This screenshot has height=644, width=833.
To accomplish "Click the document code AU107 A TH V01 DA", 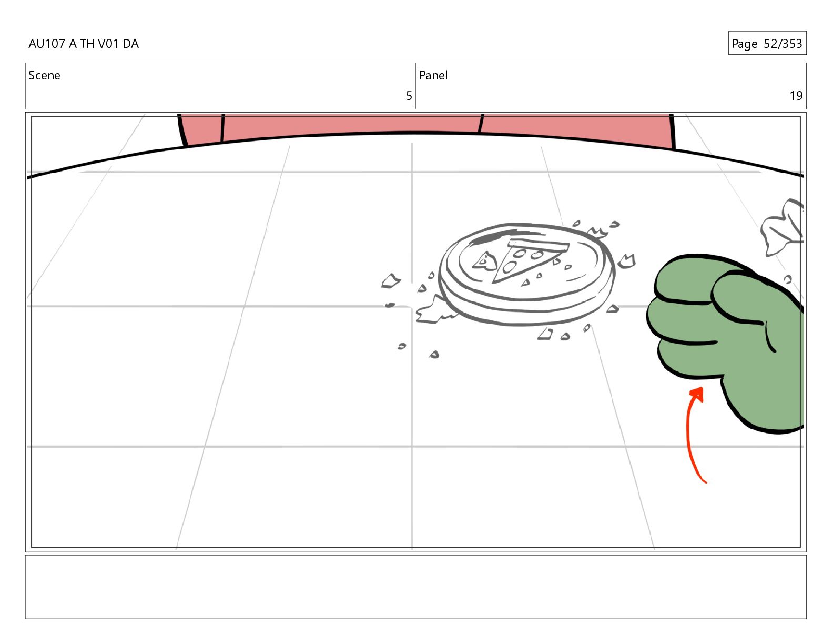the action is [84, 44].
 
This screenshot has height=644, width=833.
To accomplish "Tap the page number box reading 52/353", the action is [767, 43].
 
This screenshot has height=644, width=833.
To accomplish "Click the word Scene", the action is [44, 75].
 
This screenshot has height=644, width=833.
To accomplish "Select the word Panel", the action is [433, 75].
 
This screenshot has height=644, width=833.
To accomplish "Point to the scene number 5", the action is [409, 96].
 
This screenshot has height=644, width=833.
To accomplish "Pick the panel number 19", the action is [796, 96].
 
